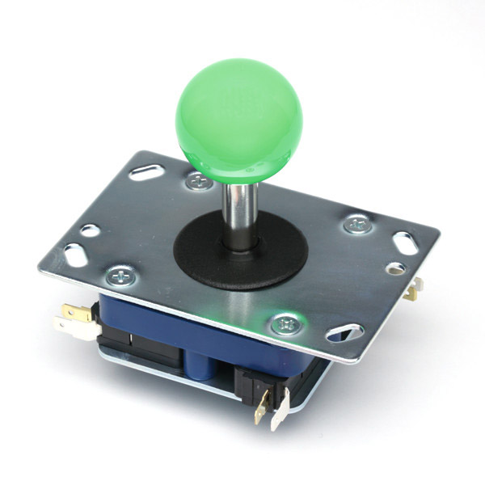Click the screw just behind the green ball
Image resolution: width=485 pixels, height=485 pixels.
tap(197, 182)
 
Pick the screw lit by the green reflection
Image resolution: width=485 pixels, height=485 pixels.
tap(285, 324)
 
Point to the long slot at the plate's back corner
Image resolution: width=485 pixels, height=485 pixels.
tap(148, 171)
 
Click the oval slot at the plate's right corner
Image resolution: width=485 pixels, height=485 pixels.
tap(404, 242)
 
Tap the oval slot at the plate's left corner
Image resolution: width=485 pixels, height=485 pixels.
tap(74, 253)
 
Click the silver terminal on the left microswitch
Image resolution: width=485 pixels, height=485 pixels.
tap(69, 325)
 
